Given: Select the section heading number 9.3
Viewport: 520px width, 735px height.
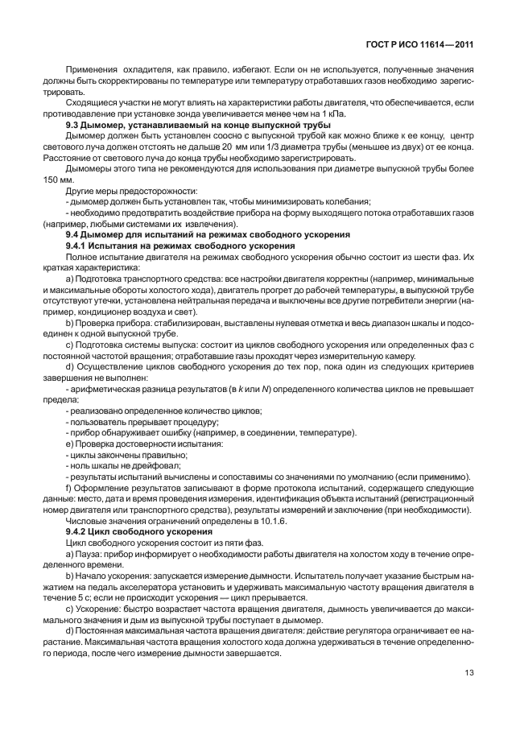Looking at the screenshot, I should click(x=72, y=127).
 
